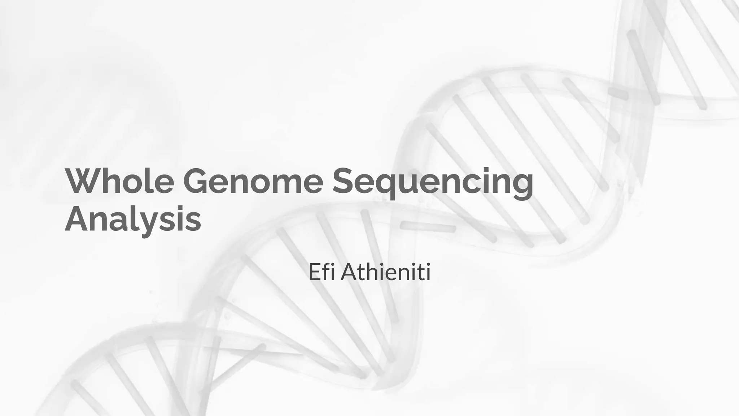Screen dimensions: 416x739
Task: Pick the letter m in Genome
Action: coord(285,182)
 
